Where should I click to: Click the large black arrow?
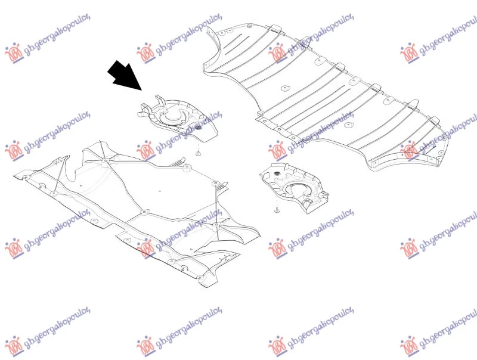click(x=125, y=76)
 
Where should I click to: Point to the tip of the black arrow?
click(x=142, y=91)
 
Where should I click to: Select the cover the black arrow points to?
click(x=177, y=118)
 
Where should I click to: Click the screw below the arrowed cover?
click(x=199, y=154)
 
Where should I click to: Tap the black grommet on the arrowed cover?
click(x=199, y=127)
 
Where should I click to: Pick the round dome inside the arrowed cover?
click(x=172, y=116)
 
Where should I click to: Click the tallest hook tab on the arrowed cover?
click(x=159, y=100)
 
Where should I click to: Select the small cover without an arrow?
click(x=293, y=188)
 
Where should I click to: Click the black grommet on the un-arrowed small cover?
click(x=277, y=173)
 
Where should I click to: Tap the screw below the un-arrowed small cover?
click(x=277, y=209)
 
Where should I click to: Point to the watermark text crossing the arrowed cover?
click(x=188, y=127)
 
